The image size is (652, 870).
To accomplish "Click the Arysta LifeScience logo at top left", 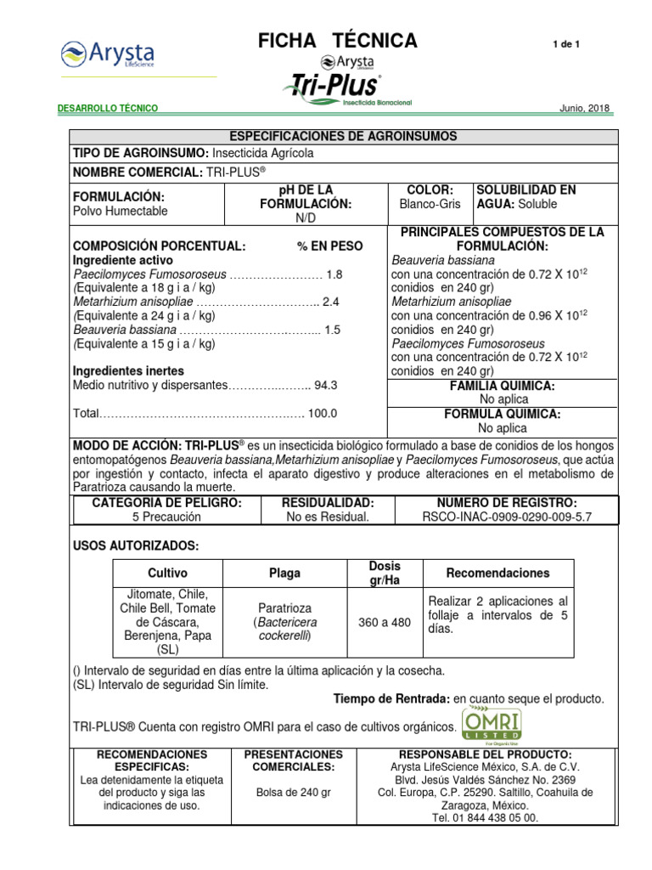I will pyautogui.click(x=107, y=54).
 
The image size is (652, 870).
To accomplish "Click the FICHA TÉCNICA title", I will pyautogui.click(x=338, y=40).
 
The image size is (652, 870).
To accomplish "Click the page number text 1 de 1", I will pyautogui.click(x=565, y=43).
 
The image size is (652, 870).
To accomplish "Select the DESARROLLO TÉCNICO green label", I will pyautogui.click(x=107, y=109).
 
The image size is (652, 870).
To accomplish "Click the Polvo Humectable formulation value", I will pyautogui.click(x=121, y=211).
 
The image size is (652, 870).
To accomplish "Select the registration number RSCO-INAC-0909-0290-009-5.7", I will pyautogui.click(x=506, y=516).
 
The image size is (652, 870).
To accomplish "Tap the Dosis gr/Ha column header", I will pyautogui.click(x=385, y=573).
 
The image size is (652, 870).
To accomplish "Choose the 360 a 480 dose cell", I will pyautogui.click(x=385, y=622).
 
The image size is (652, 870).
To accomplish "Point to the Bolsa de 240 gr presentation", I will pyautogui.click(x=293, y=792).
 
